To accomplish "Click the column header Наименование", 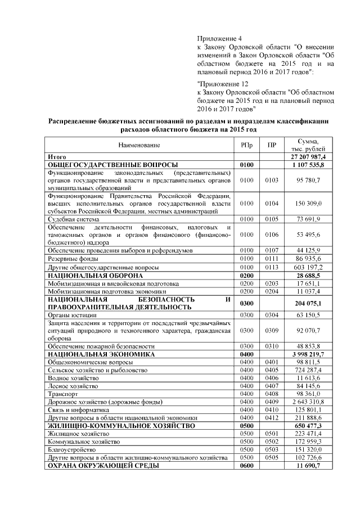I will pyautogui.click(x=139, y=145).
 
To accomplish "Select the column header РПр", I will pyautogui.click(x=246, y=145).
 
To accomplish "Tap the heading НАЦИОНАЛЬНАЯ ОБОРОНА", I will pyautogui.click(x=95, y=276).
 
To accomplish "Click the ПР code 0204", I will pyautogui.click(x=272, y=292).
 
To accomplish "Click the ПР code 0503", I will pyautogui.click(x=272, y=450).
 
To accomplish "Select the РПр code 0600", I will pyautogui.click(x=247, y=466).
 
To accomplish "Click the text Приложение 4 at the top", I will pyautogui.click(x=219, y=38).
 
